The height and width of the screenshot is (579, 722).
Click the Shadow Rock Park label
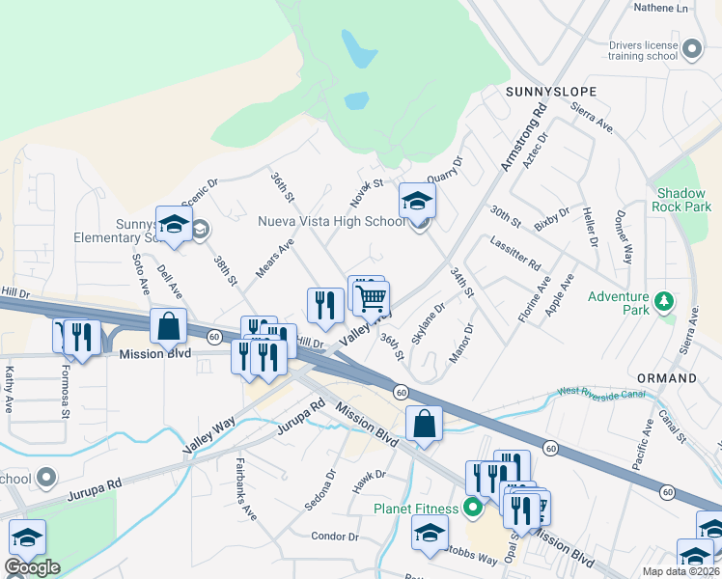(x=682, y=200)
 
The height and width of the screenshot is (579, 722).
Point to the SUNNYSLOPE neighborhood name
(x=551, y=92)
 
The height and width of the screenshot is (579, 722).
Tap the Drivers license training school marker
(x=691, y=49)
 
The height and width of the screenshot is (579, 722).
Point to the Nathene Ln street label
(x=664, y=8)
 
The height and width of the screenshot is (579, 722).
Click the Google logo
(x=32, y=566)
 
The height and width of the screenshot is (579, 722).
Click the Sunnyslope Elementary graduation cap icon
(x=174, y=225)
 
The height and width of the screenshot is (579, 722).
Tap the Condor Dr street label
(x=334, y=536)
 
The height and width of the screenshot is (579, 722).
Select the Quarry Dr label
(x=445, y=171)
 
